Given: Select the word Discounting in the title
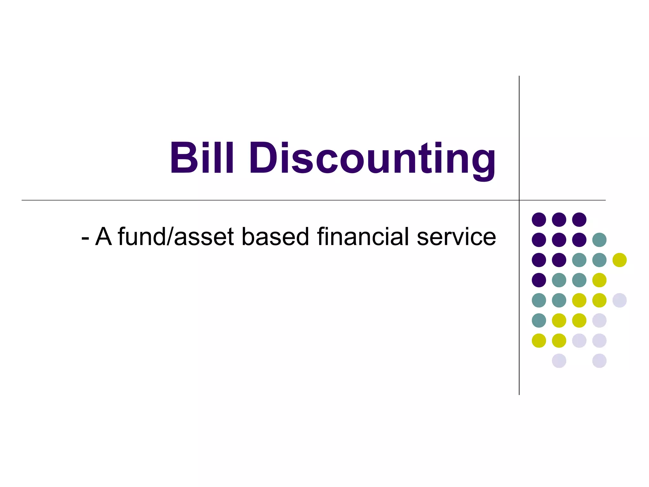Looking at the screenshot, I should click(372, 159).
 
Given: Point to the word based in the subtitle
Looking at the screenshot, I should click(275, 237).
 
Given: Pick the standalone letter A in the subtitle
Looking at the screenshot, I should click(104, 237).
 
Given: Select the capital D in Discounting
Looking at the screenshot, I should click(263, 158).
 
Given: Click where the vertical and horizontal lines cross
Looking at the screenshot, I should click(519, 200).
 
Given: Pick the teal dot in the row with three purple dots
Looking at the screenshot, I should click(599, 240).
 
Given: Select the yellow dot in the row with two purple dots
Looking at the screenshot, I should click(620, 260).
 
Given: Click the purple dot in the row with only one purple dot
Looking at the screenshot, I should click(539, 280).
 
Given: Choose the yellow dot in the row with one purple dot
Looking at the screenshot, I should click(599, 280).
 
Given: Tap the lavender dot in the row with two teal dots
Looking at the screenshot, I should click(620, 300).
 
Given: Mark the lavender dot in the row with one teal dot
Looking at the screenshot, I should click(599, 321).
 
